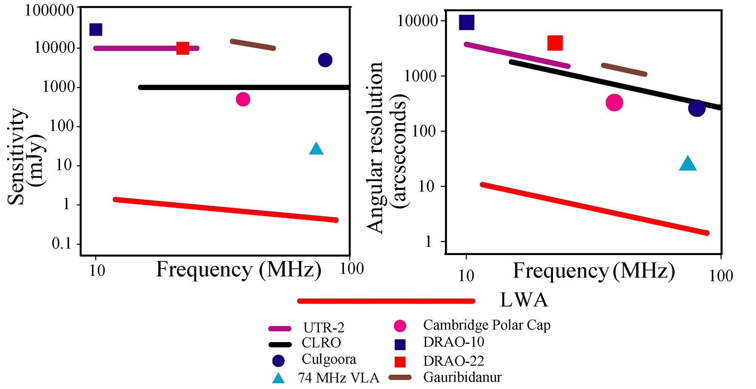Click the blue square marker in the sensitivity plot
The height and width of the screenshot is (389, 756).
(96, 29)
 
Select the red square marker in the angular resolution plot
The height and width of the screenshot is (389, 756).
(555, 43)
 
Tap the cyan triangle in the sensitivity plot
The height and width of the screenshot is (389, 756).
(316, 149)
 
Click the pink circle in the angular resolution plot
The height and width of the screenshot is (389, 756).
(614, 103)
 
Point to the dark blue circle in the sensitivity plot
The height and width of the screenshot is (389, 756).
(325, 60)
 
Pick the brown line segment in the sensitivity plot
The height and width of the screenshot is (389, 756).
(253, 45)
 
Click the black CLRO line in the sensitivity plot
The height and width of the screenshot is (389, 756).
(242, 87)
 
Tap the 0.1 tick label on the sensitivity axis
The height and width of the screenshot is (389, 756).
(62, 244)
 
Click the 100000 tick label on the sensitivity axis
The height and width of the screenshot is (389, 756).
(49, 10)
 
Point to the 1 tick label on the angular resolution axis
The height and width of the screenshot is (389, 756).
(428, 242)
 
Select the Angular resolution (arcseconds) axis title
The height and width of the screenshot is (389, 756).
(387, 147)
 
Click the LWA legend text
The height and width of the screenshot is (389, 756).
(524, 300)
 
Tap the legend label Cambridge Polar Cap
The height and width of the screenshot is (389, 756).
(486, 325)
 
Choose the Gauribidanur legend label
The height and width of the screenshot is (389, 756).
(462, 377)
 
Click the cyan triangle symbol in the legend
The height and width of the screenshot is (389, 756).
(278, 378)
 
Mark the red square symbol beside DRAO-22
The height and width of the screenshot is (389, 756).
(400, 362)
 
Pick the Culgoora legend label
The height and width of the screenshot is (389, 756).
(329, 359)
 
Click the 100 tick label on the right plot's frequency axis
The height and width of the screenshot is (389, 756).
(721, 276)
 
